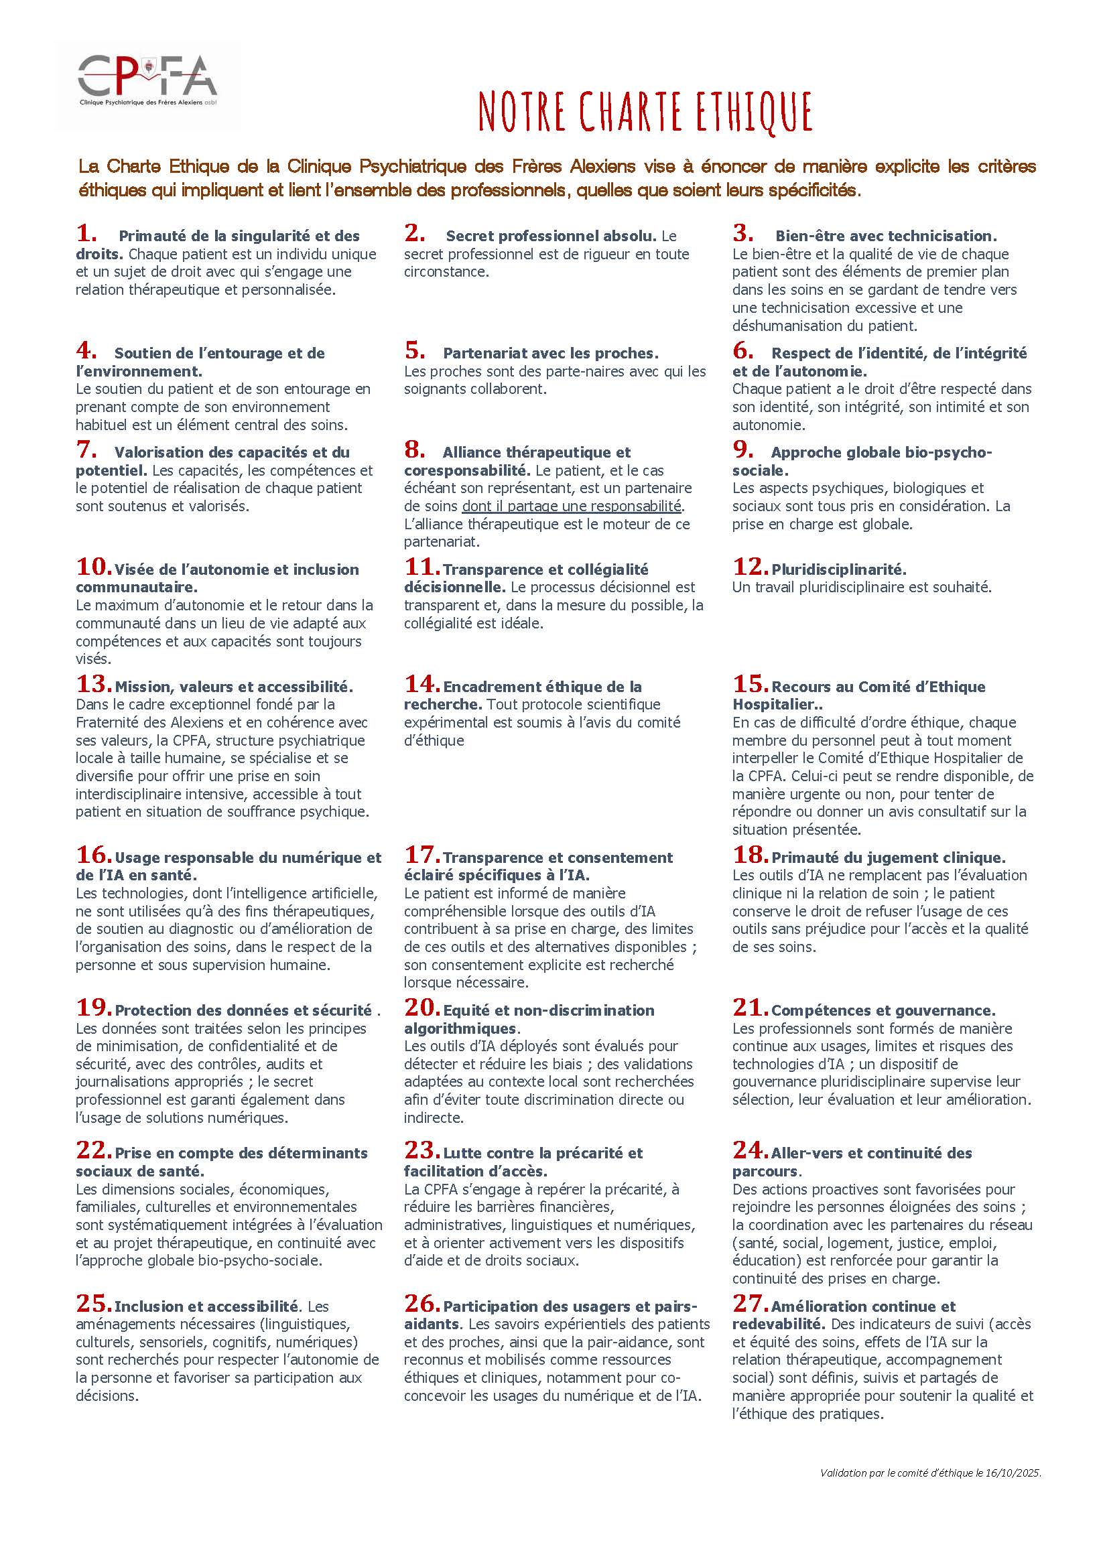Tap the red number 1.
tap(86, 234)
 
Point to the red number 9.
tap(742, 450)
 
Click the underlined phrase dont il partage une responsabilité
tap(572, 506)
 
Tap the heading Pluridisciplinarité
tap(839, 569)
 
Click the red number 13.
tap(93, 685)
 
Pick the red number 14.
tap(421, 685)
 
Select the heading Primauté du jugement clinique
tap(889, 858)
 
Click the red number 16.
tap(93, 855)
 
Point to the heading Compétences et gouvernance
tap(884, 1010)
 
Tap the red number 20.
tap(421, 1008)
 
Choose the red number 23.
tap(421, 1150)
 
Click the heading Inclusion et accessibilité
tap(206, 1306)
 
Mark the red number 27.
tap(750, 1304)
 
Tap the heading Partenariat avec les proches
tap(551, 354)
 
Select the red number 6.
tap(742, 350)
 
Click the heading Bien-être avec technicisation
tap(886, 236)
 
